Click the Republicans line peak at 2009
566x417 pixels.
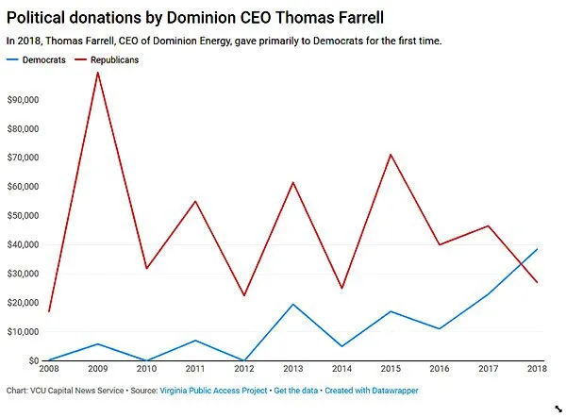click(x=97, y=72)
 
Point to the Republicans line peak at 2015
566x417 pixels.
click(x=391, y=154)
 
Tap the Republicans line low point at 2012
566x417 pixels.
click(x=244, y=295)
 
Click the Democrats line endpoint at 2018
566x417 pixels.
click(x=538, y=249)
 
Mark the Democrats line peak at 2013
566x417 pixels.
click(x=293, y=304)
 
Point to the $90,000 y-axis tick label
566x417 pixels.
click(x=22, y=99)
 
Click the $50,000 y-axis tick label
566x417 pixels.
click(x=22, y=215)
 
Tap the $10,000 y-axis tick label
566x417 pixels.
click(x=22, y=332)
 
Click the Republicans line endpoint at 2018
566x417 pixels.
click(x=538, y=282)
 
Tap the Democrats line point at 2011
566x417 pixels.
click(x=195, y=341)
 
